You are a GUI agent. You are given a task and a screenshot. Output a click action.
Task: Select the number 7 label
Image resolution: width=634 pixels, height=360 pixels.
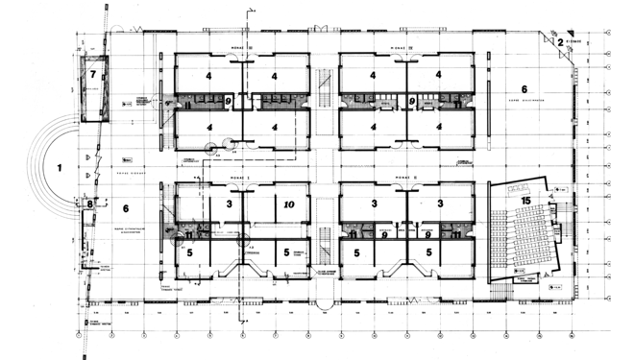[93, 74]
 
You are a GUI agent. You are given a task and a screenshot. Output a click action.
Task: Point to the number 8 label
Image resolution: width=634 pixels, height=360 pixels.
[89, 204]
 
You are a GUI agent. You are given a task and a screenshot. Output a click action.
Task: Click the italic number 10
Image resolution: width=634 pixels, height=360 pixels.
[289, 204]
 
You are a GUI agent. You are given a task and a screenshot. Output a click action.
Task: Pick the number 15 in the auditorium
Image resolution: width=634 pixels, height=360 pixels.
[527, 199]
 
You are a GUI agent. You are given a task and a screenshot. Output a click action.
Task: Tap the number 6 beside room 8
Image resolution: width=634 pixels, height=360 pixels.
[125, 208]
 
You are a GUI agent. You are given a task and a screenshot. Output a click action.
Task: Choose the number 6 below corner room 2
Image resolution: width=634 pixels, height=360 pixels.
[577, 89]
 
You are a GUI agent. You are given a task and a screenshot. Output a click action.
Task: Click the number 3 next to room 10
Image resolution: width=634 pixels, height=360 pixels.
[229, 204]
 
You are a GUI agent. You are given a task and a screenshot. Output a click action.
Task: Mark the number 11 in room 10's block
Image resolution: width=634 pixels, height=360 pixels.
[190, 233]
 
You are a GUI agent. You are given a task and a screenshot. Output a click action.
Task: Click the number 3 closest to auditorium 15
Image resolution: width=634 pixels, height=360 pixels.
[440, 204]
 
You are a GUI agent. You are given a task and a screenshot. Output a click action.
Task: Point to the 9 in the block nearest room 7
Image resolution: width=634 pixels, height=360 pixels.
[228, 100]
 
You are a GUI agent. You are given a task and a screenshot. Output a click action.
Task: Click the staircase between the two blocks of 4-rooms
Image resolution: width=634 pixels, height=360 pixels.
[325, 91]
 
